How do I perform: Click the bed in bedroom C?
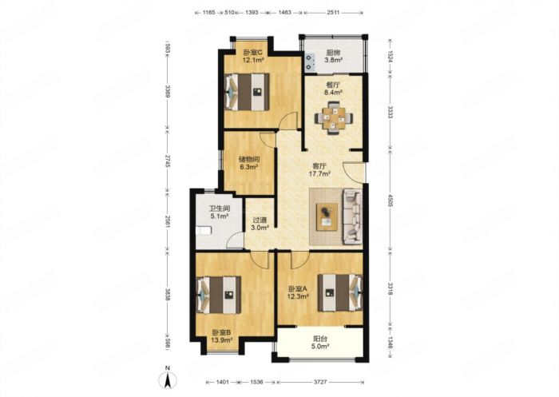pyautogui.click(x=247, y=92)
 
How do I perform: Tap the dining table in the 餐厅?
pyautogui.click(x=334, y=118)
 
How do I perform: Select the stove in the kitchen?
pyautogui.click(x=310, y=62)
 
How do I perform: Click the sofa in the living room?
pyautogui.click(x=353, y=216)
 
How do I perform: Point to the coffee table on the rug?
pyautogui.click(x=327, y=216)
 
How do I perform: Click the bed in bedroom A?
pyautogui.click(x=340, y=292)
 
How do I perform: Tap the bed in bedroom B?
pyautogui.click(x=219, y=295)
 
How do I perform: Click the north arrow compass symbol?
pyautogui.click(x=168, y=378)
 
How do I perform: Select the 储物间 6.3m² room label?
pyautogui.click(x=249, y=163)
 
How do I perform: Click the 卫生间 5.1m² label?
pyautogui.click(x=220, y=212)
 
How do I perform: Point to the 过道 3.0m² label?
pyautogui.click(x=260, y=224)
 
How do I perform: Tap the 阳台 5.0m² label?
pyautogui.click(x=319, y=342)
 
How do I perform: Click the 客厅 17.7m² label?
pyautogui.click(x=319, y=170)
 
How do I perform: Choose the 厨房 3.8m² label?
pyautogui.click(x=333, y=56)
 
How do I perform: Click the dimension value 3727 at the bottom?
pyautogui.click(x=319, y=382)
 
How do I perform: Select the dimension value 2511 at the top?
pyautogui.click(x=333, y=13)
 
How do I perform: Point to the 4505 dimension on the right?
pyautogui.click(x=390, y=200)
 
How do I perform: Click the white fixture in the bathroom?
pyautogui.click(x=204, y=230)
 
